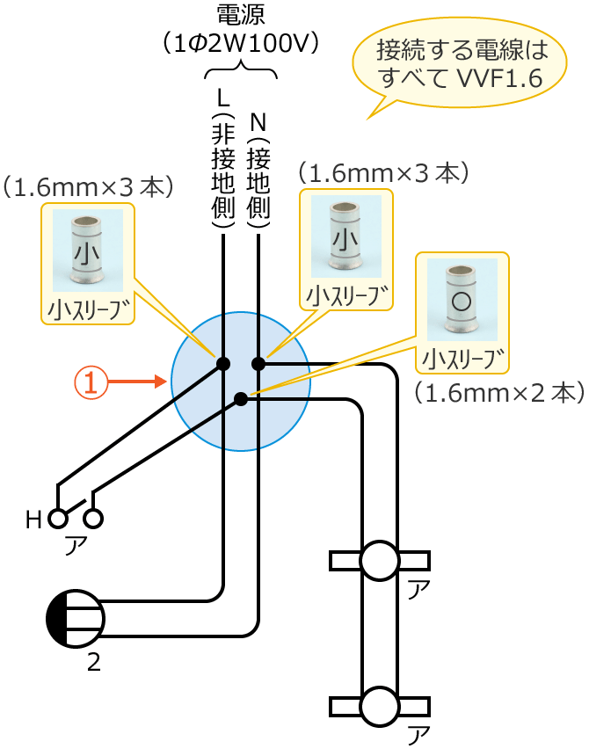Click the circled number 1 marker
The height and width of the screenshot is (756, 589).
point(91,382)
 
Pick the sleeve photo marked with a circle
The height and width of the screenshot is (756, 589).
point(462,300)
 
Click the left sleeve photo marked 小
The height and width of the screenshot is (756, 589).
point(87,251)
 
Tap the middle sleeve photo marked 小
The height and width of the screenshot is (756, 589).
point(345,236)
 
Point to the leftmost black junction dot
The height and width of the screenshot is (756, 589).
point(223,363)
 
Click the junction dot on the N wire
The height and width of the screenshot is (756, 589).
point(258,363)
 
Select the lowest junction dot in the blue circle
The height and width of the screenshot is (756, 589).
point(240,399)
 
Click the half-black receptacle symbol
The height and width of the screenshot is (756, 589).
point(76,619)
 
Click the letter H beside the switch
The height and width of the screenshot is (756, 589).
point(33,520)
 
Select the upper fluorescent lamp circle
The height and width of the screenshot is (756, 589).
point(380,561)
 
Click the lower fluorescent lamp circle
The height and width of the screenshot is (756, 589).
point(380,707)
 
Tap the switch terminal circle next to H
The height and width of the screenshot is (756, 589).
point(58,519)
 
